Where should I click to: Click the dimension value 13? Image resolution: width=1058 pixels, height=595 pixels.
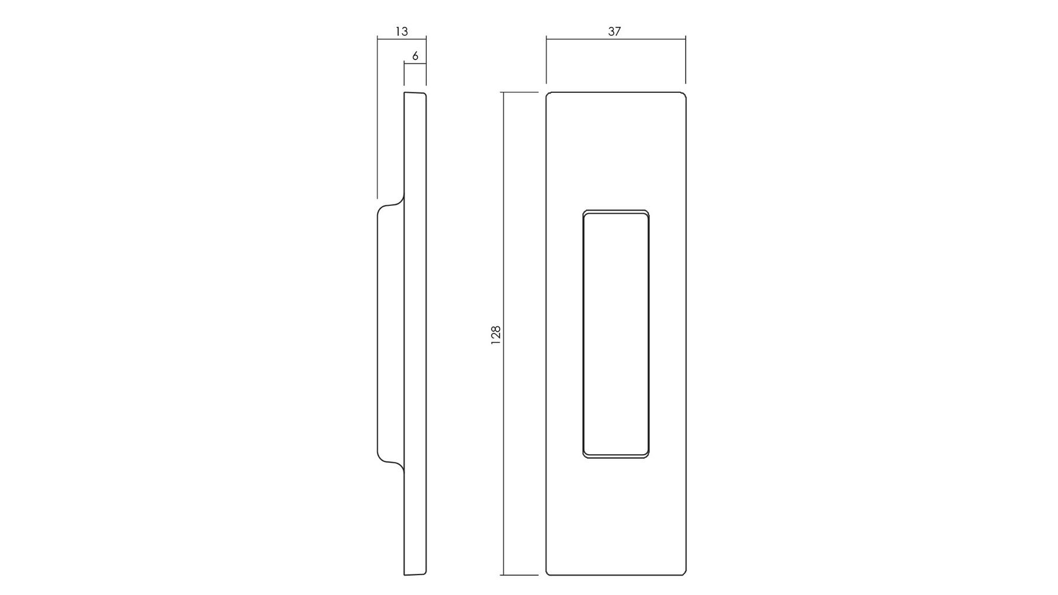tap(402, 32)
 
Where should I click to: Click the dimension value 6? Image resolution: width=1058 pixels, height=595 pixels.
tap(416, 56)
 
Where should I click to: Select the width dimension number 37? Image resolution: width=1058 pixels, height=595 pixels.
tap(614, 32)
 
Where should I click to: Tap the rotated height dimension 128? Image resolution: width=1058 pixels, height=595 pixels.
tap(496, 335)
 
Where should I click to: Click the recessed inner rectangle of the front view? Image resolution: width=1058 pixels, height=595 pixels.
tap(584, 333)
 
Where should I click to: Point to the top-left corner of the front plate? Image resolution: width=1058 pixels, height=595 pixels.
tap(547, 93)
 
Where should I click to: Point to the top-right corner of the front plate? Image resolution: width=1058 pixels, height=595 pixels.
tap(685, 93)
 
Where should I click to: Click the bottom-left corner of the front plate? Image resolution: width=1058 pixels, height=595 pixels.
tap(547, 575)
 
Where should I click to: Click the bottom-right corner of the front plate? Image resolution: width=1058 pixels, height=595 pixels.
tap(685, 575)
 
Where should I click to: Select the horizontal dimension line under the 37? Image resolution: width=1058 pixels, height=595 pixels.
tap(616, 39)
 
